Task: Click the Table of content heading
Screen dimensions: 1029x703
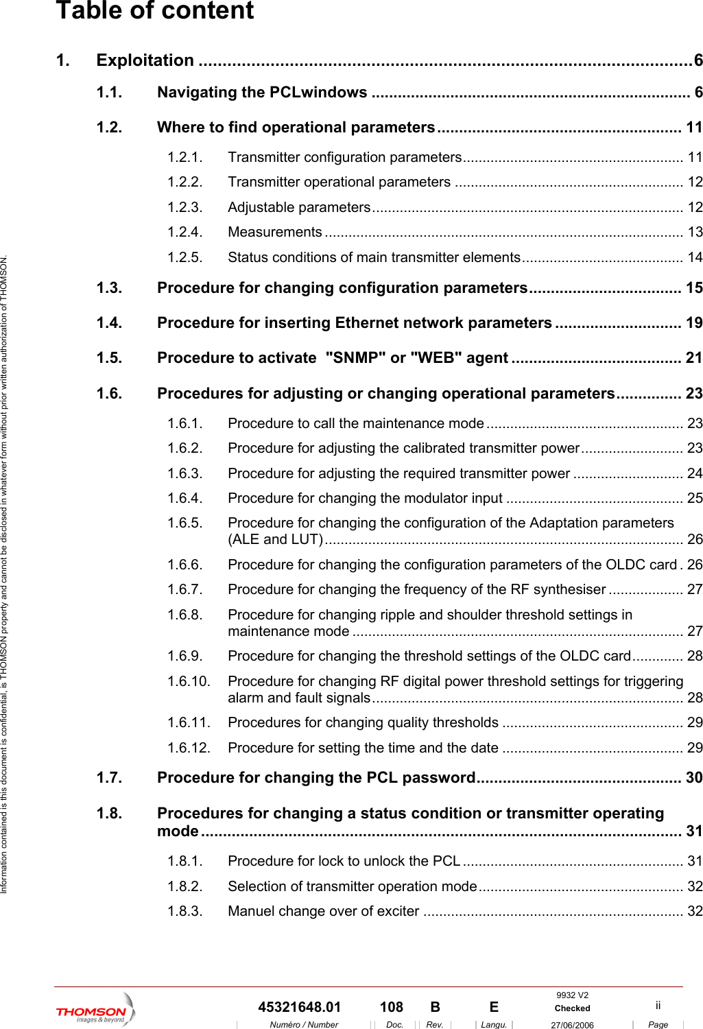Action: pos(154,11)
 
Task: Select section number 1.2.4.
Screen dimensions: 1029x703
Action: pos(184,233)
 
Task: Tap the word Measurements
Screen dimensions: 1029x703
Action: pos(274,233)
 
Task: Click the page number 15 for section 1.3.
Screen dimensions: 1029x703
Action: pos(693,288)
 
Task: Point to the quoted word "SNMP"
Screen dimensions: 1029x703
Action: pos(355,358)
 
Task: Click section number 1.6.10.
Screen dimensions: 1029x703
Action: pos(189,681)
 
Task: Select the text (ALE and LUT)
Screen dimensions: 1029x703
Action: pos(275,540)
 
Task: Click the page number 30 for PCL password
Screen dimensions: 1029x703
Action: pos(693,778)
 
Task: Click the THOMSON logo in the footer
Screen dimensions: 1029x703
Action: pos(95,1011)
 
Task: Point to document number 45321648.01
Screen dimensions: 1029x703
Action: pos(299,1007)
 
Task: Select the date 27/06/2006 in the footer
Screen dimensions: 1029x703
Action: pos(572,1025)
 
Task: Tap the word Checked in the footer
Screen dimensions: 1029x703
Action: pos(572,1008)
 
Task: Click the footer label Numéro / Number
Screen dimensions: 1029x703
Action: pos(304,1025)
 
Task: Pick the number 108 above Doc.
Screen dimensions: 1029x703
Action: pos(391,1007)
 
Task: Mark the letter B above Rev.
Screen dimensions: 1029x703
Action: pos(435,1007)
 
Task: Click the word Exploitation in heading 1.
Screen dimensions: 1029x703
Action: pos(145,60)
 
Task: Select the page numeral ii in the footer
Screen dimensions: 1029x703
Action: pos(658,1005)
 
